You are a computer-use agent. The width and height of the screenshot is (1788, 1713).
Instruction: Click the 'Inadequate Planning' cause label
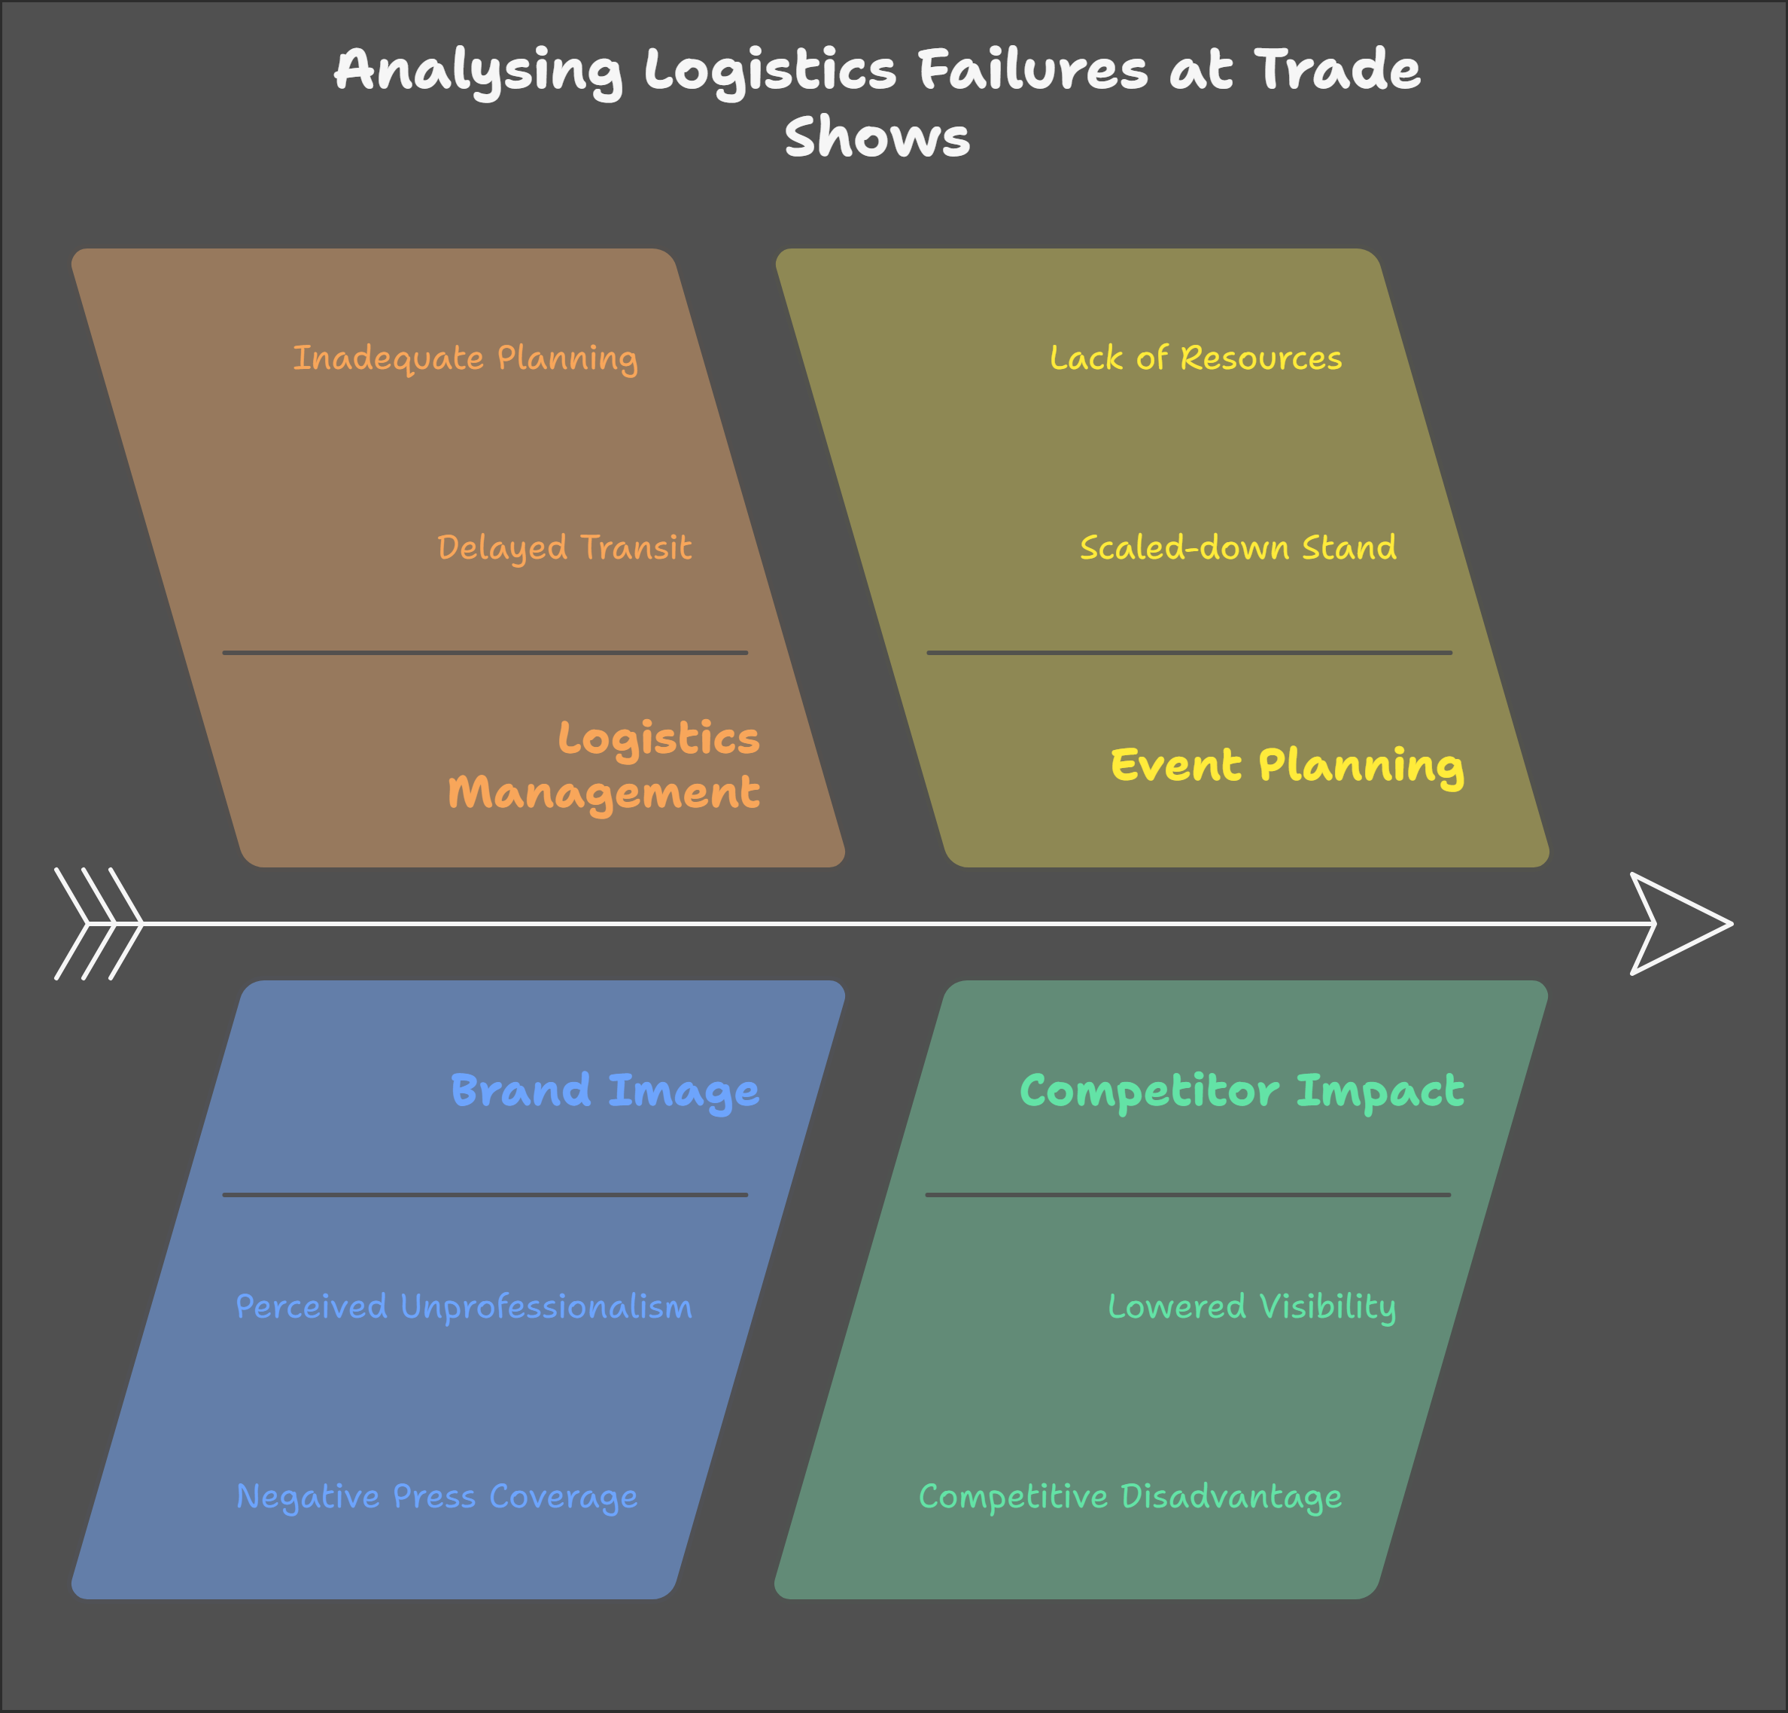pyautogui.click(x=465, y=358)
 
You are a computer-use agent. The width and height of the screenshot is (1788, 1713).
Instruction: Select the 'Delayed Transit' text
pyautogui.click(x=564, y=547)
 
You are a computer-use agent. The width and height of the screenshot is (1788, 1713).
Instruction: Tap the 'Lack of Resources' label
pyautogui.click(x=1195, y=358)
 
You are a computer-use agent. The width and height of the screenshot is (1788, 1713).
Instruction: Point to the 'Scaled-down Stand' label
pyautogui.click(x=1237, y=547)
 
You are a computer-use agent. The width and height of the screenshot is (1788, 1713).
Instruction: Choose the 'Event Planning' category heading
pyautogui.click(x=1286, y=765)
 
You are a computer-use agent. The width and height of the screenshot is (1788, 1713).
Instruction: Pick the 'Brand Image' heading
pyautogui.click(x=605, y=1090)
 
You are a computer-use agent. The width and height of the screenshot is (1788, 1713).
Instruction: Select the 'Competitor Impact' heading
pyautogui.click(x=1241, y=1090)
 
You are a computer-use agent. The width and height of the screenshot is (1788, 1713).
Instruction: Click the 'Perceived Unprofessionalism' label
pyautogui.click(x=464, y=1307)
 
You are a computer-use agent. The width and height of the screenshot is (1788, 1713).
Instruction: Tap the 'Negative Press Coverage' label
pyautogui.click(x=436, y=1497)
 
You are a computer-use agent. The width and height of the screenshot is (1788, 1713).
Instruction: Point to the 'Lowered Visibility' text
pyautogui.click(x=1251, y=1307)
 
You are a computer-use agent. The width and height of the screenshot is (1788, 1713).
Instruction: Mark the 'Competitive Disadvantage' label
pyautogui.click(x=1130, y=1497)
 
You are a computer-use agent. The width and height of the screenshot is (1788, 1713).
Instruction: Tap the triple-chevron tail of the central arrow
pyautogui.click(x=99, y=924)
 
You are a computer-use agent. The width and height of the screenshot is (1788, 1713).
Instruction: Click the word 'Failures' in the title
pyautogui.click(x=1032, y=70)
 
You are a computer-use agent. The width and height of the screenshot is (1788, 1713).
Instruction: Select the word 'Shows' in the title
pyautogui.click(x=877, y=138)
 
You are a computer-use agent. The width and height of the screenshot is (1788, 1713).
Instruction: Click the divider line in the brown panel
pyautogui.click(x=485, y=653)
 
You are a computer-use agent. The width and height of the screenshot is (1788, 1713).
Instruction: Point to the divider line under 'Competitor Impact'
pyautogui.click(x=1187, y=1195)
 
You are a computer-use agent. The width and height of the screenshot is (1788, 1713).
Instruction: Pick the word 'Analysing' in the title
pyautogui.click(x=478, y=70)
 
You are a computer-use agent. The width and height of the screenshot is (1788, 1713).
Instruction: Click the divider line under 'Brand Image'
pyautogui.click(x=485, y=1195)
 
